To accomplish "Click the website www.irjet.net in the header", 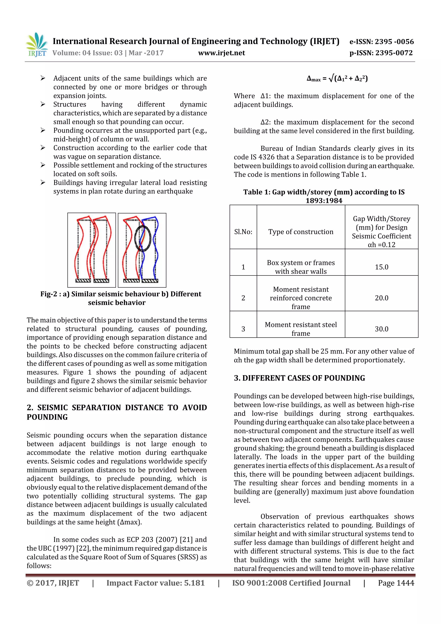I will pos(221,53).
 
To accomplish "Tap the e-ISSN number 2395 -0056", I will pos(394,42).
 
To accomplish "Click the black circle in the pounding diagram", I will pos(143,238).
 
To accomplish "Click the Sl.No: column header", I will pos(243,232).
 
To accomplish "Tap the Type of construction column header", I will pos(301,232).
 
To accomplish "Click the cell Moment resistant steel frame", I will pos(301,329).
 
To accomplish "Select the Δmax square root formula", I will pos(337,79).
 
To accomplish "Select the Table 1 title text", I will pos(324,196).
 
